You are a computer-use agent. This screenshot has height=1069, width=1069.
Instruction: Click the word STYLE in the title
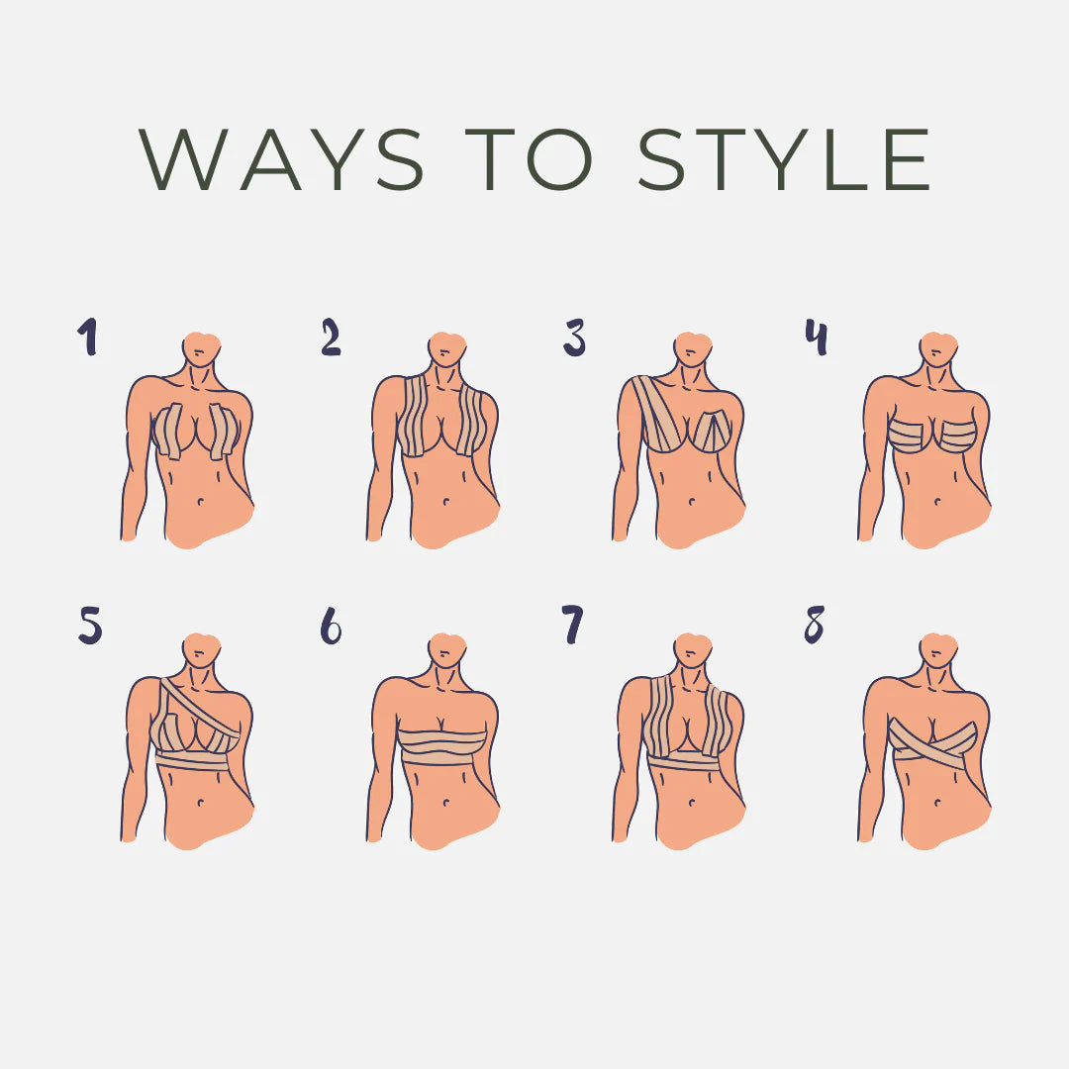[784, 158]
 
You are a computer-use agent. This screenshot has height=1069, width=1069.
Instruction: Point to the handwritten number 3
[574, 338]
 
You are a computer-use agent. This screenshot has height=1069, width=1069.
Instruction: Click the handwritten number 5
[90, 626]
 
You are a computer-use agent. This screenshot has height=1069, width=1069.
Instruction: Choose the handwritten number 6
[332, 626]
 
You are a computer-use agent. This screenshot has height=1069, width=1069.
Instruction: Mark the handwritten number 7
[573, 625]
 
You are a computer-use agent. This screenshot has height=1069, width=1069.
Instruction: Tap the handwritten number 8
[814, 625]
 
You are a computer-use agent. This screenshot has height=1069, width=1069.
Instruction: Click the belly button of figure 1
[200, 502]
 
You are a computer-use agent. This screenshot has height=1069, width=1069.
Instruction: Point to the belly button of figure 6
[445, 803]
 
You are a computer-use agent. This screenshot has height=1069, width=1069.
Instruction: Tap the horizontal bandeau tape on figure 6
[443, 747]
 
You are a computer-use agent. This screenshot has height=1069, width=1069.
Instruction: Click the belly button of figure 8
[937, 803]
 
